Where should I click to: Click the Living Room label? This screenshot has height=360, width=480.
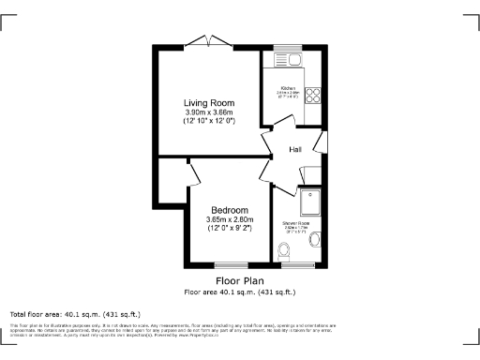(208, 102)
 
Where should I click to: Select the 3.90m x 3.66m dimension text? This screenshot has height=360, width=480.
(208, 112)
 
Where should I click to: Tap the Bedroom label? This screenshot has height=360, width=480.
(230, 209)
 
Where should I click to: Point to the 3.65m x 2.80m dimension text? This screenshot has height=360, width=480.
(230, 219)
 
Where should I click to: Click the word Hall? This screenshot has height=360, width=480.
(294, 150)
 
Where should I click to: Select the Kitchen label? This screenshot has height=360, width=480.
(288, 89)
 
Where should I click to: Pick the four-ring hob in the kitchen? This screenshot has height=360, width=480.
(314, 95)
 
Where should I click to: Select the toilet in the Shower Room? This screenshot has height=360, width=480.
(283, 249)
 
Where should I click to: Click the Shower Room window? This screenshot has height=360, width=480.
(298, 263)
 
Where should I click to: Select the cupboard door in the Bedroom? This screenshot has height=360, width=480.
(193, 173)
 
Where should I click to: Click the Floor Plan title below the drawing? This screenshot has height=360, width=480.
(239, 280)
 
